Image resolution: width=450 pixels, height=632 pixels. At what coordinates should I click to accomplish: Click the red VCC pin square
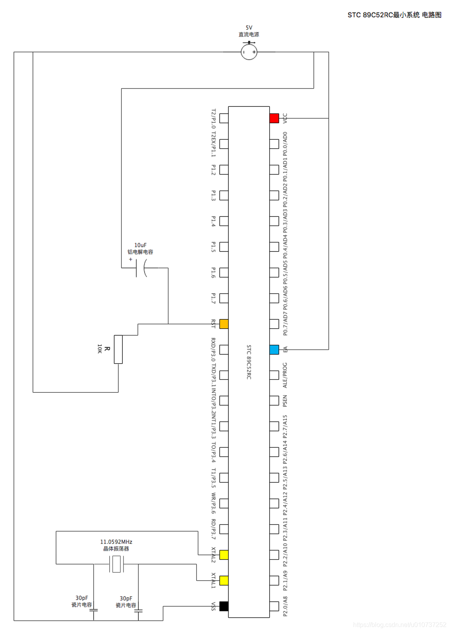click(274, 118)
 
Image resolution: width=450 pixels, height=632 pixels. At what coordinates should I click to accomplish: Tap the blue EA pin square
click(274, 350)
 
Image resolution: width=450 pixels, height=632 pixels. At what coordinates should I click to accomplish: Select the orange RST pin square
click(224, 324)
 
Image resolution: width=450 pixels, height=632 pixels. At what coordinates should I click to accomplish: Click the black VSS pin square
click(224, 606)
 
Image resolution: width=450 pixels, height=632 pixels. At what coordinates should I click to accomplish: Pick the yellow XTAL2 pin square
click(224, 555)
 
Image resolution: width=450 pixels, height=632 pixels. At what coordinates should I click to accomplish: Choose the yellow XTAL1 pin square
click(224, 580)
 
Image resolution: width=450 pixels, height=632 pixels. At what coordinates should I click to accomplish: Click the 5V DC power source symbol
click(249, 52)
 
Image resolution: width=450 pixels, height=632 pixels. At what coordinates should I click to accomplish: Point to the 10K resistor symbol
click(118, 350)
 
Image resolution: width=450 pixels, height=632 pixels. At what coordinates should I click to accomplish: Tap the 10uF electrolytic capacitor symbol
click(141, 268)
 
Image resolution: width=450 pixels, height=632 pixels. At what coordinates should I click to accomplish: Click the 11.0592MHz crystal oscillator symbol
click(116, 564)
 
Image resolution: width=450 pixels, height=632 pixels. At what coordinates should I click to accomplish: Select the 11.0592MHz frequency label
click(116, 542)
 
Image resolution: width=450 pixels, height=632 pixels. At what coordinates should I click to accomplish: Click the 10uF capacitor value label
click(140, 245)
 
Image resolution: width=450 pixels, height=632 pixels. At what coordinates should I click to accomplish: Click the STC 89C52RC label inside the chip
click(249, 362)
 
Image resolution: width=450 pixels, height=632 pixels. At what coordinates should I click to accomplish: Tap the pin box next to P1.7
click(224, 298)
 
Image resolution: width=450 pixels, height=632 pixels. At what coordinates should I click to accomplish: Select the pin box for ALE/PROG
click(274, 375)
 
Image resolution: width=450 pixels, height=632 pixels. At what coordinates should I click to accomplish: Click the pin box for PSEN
click(274, 400)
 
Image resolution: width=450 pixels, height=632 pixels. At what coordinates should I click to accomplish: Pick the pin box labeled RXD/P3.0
click(224, 350)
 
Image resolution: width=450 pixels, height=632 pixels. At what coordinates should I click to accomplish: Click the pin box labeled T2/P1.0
click(224, 118)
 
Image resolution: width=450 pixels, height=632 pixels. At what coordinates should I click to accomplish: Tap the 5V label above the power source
click(249, 28)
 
